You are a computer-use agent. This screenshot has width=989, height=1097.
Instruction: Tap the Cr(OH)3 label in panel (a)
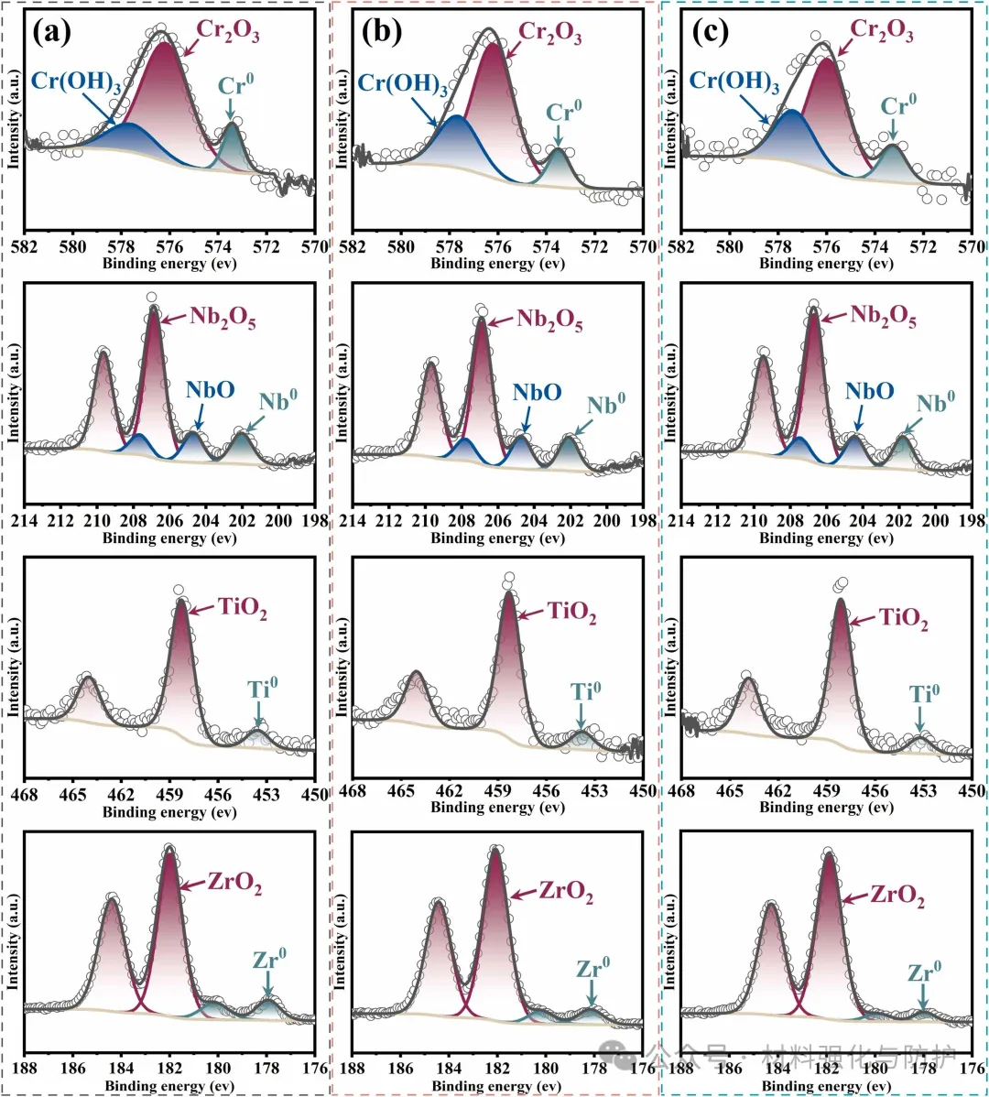[x=72, y=80]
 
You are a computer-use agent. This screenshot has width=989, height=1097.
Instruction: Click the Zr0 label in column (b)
[x=593, y=968]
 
